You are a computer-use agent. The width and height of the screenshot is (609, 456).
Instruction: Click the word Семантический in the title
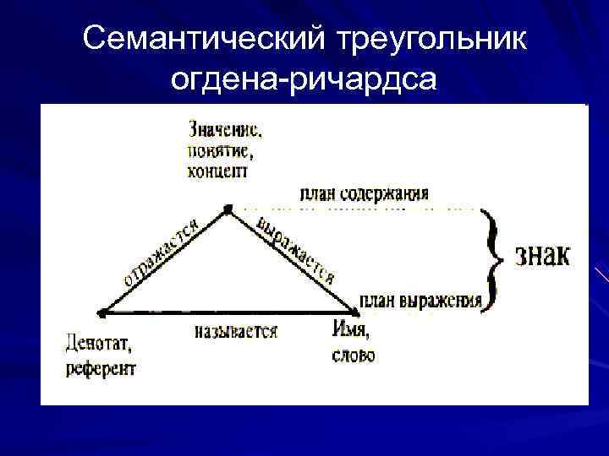(x=204, y=38)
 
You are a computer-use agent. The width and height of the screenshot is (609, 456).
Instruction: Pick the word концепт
(x=217, y=171)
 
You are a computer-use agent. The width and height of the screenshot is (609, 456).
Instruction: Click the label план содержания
(x=363, y=193)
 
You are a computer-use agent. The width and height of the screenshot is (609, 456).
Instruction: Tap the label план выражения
(x=420, y=300)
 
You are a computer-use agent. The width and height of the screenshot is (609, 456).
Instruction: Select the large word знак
(x=543, y=254)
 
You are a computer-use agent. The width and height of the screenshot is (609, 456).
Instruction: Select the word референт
(x=100, y=367)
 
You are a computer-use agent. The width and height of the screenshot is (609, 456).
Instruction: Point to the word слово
(x=354, y=356)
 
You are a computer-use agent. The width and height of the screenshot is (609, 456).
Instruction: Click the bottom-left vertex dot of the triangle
(x=100, y=313)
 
